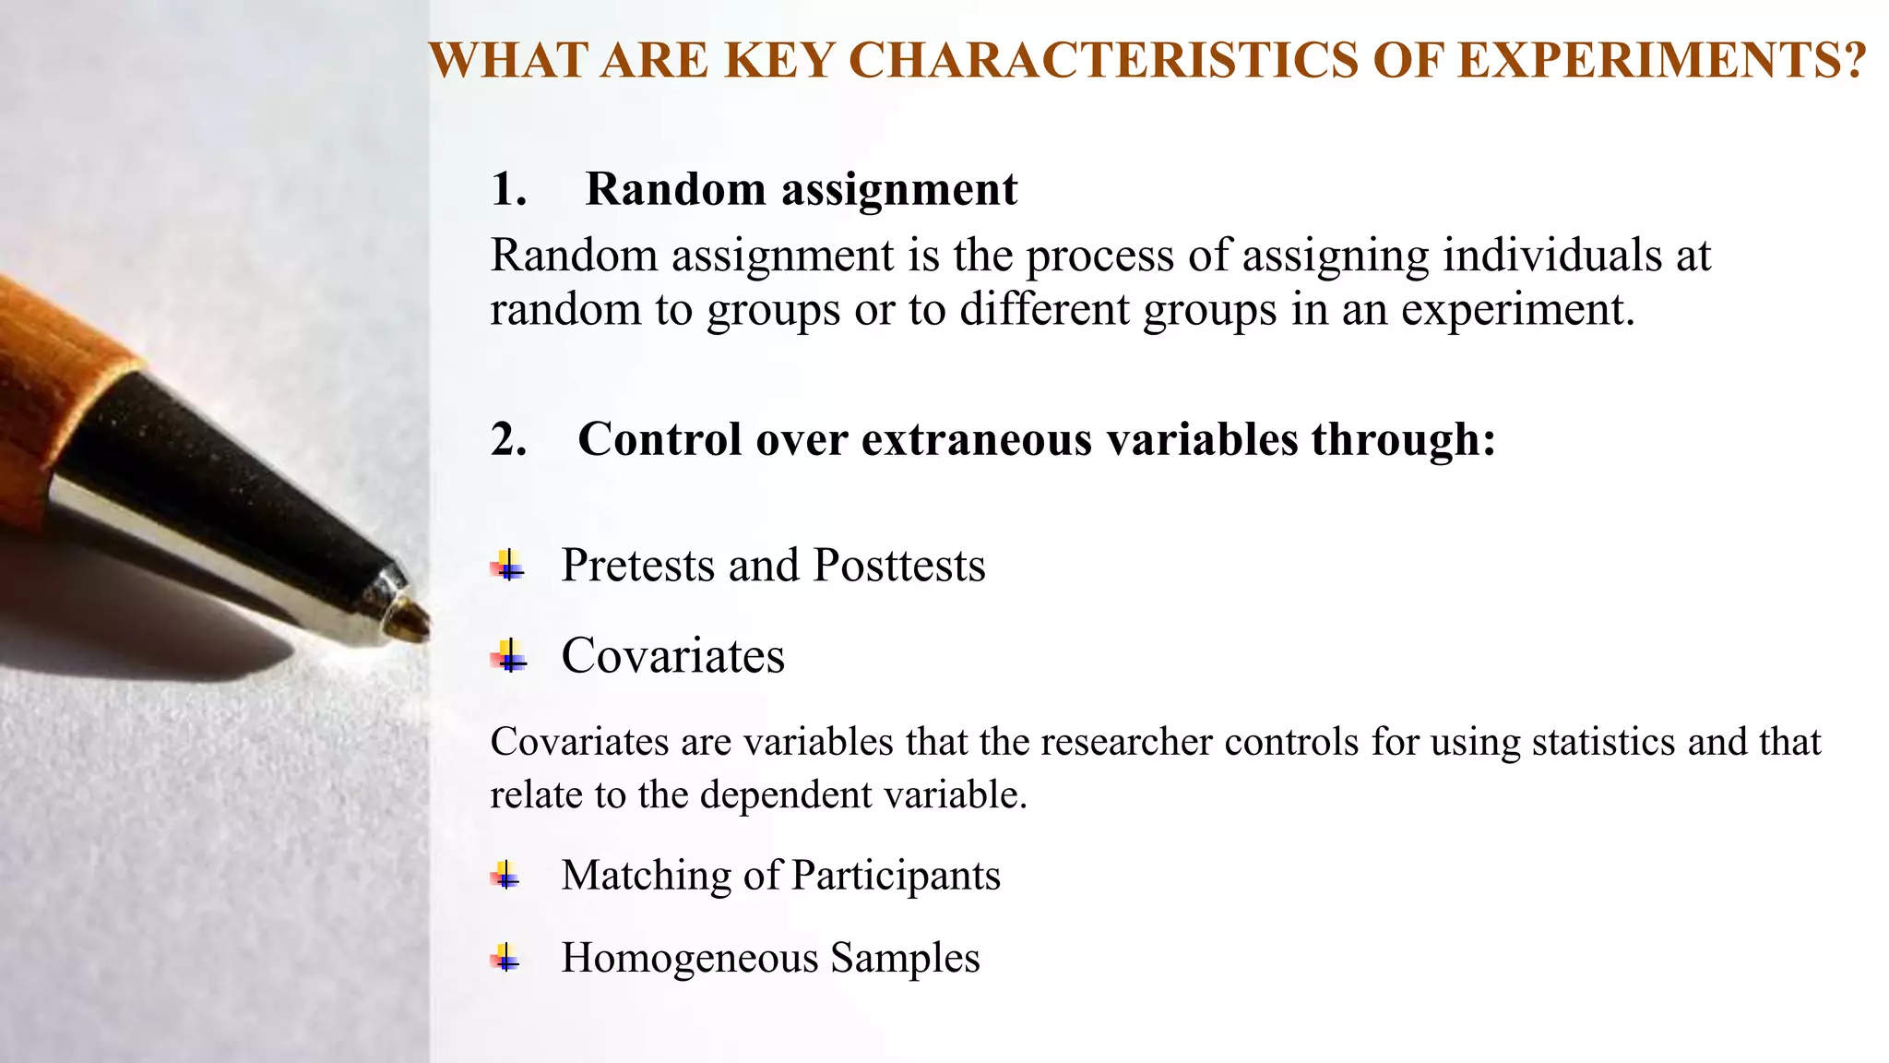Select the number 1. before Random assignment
click(x=508, y=189)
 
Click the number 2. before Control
click(x=508, y=439)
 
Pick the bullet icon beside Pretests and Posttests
click(x=507, y=565)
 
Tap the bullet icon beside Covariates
click(x=507, y=656)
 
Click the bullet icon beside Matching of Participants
click(x=505, y=874)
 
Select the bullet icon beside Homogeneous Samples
click(x=505, y=957)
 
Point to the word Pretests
click(x=637, y=566)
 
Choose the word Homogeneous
click(x=689, y=958)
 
